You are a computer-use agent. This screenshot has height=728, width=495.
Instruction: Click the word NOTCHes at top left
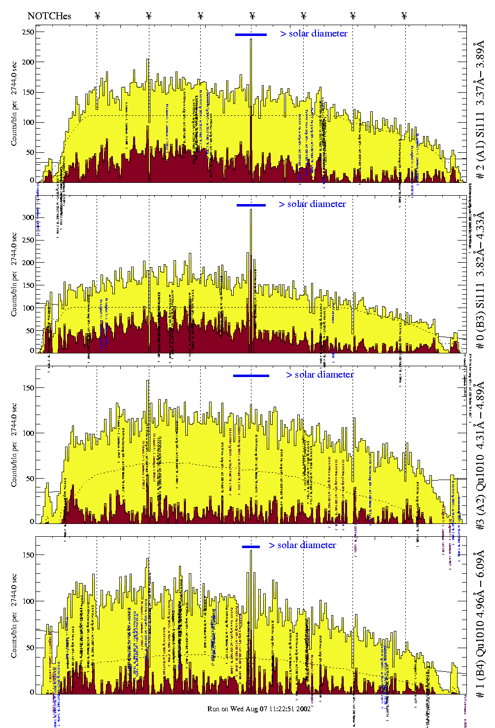click(49, 16)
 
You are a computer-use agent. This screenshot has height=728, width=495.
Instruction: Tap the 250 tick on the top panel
click(28, 32)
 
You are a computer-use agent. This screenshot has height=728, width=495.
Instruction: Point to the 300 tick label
click(28, 217)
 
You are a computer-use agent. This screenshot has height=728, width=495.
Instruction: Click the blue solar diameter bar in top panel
click(251, 35)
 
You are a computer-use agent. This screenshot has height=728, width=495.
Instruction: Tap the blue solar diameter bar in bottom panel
click(251, 547)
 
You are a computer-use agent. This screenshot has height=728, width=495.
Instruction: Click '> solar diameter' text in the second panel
click(312, 204)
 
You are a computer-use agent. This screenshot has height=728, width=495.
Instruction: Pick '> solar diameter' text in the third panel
click(319, 375)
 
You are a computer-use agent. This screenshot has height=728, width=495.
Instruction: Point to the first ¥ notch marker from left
click(97, 16)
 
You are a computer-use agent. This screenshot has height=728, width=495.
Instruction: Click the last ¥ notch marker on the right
click(404, 16)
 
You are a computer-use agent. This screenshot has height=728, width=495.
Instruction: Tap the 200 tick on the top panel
click(28, 62)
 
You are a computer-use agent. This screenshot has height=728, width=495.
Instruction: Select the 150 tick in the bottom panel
click(28, 555)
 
